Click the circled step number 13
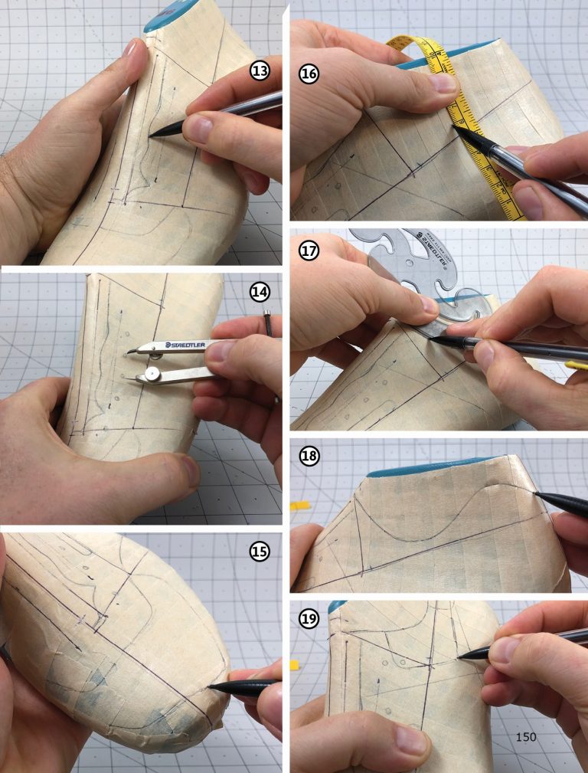(260, 73)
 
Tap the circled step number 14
(260, 291)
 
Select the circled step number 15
(260, 551)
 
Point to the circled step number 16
(309, 75)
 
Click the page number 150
(526, 737)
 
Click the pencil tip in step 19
(459, 657)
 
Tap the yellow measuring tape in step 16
(467, 115)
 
